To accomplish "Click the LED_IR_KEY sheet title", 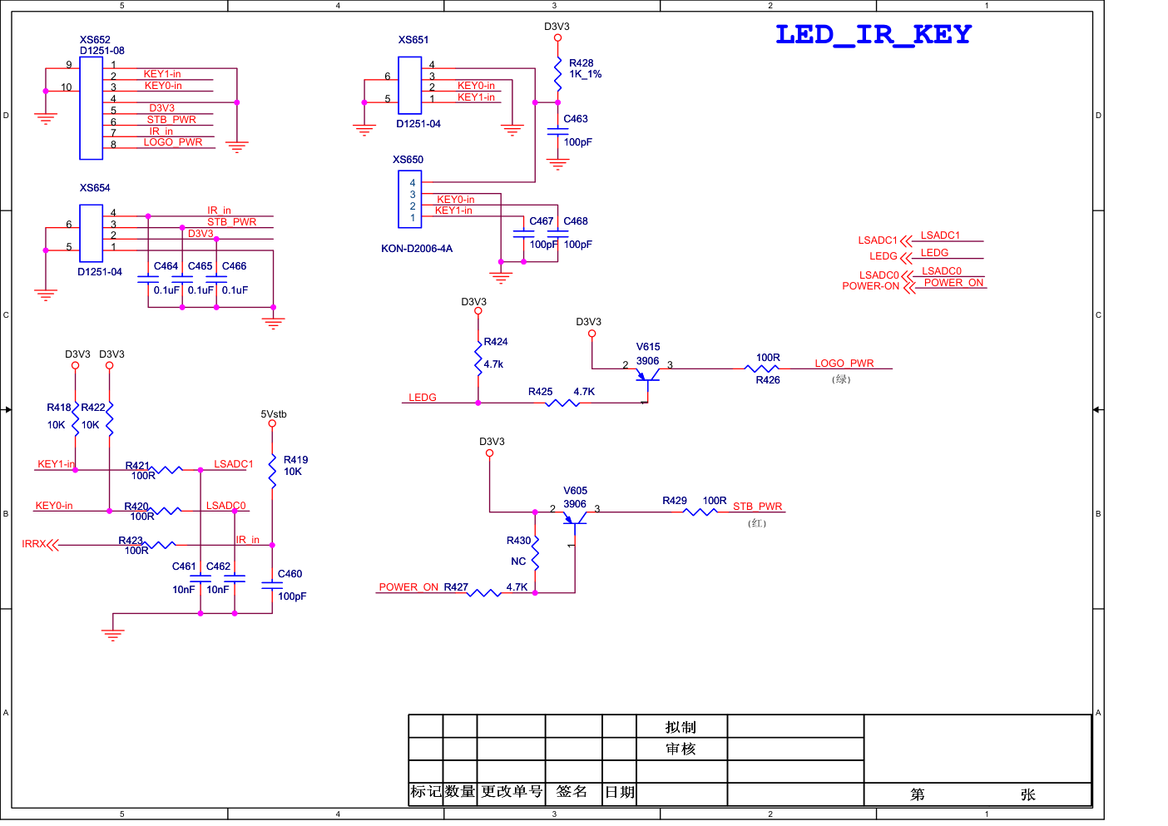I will pos(873,35).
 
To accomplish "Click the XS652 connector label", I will pos(95,40).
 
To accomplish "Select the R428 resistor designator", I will pos(581,63).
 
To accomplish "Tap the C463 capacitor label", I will pos(576,119).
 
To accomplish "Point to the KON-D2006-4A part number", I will pos(417,249).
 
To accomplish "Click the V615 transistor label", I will pos(648,347).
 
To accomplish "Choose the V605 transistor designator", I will pos(575,491).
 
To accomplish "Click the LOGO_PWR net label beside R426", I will pos(844,364).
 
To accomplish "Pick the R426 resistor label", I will pos(768,380).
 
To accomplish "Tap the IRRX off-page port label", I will pos(33,544).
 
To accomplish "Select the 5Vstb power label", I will pos(274,414).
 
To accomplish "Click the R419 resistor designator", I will pos(295,460).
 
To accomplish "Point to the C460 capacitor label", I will pos(290,574).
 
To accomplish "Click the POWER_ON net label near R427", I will pos(408,587).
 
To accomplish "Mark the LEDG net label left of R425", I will pos(423,398).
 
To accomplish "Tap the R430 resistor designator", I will pos(518,541).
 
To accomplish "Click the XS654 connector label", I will pos(95,188).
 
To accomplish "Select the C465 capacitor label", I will pos(200,266).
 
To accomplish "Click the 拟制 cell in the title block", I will pos(681,727).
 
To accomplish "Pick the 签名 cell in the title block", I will pos(572,792).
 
